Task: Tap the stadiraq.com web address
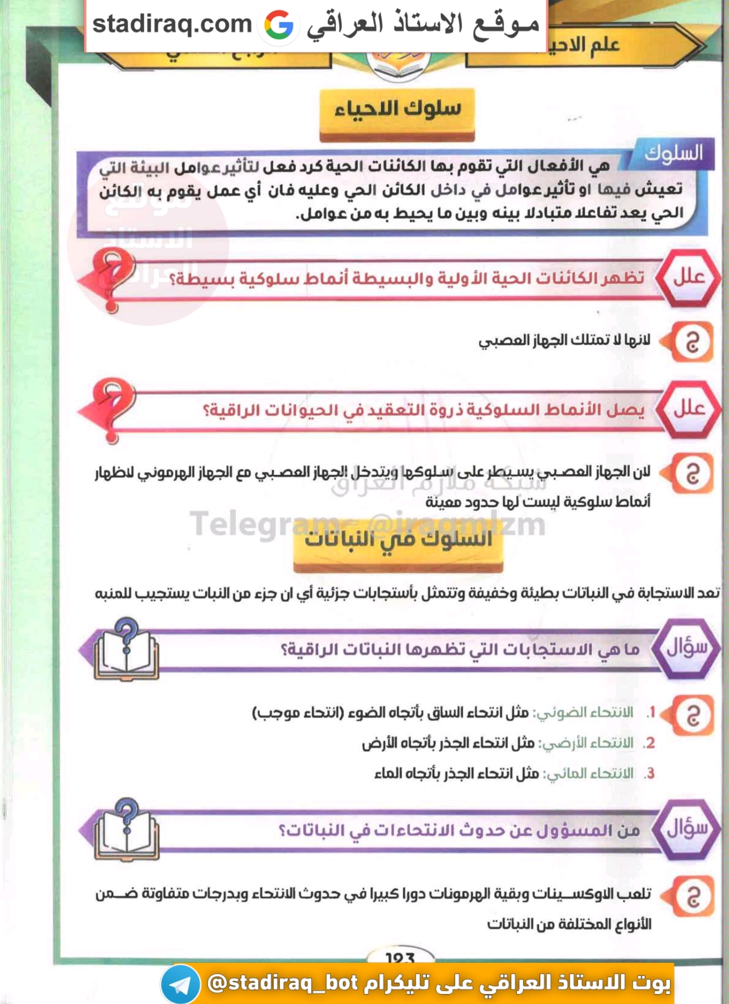tap(172, 24)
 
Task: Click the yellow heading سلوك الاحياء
tap(397, 108)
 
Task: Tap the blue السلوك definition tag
tap(673, 153)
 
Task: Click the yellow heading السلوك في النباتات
tap(398, 540)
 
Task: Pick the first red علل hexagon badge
tap(688, 277)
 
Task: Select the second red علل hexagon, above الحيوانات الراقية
tap(688, 409)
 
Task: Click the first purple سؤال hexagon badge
tap(686, 649)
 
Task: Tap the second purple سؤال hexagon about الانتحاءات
tap(686, 829)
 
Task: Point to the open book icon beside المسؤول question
tap(127, 831)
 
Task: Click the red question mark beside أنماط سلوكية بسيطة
tap(114, 280)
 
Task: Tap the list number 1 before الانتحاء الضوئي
tap(652, 713)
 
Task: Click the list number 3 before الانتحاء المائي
tap(651, 774)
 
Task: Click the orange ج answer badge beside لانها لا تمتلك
tap(692, 343)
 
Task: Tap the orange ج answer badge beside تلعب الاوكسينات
tap(692, 897)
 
